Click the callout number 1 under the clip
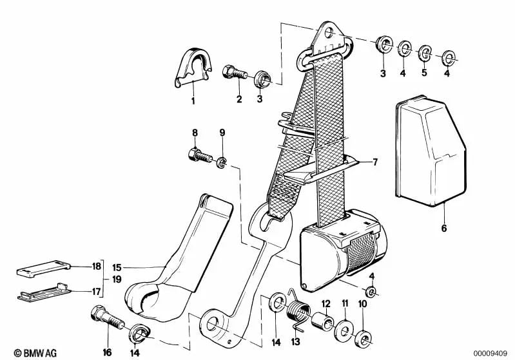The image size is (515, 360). (192, 101)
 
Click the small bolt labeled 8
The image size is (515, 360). (198, 155)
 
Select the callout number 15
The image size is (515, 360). (117, 267)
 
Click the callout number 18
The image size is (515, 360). (96, 265)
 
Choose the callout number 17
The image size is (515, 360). (96, 291)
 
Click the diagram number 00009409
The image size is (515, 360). (492, 353)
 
